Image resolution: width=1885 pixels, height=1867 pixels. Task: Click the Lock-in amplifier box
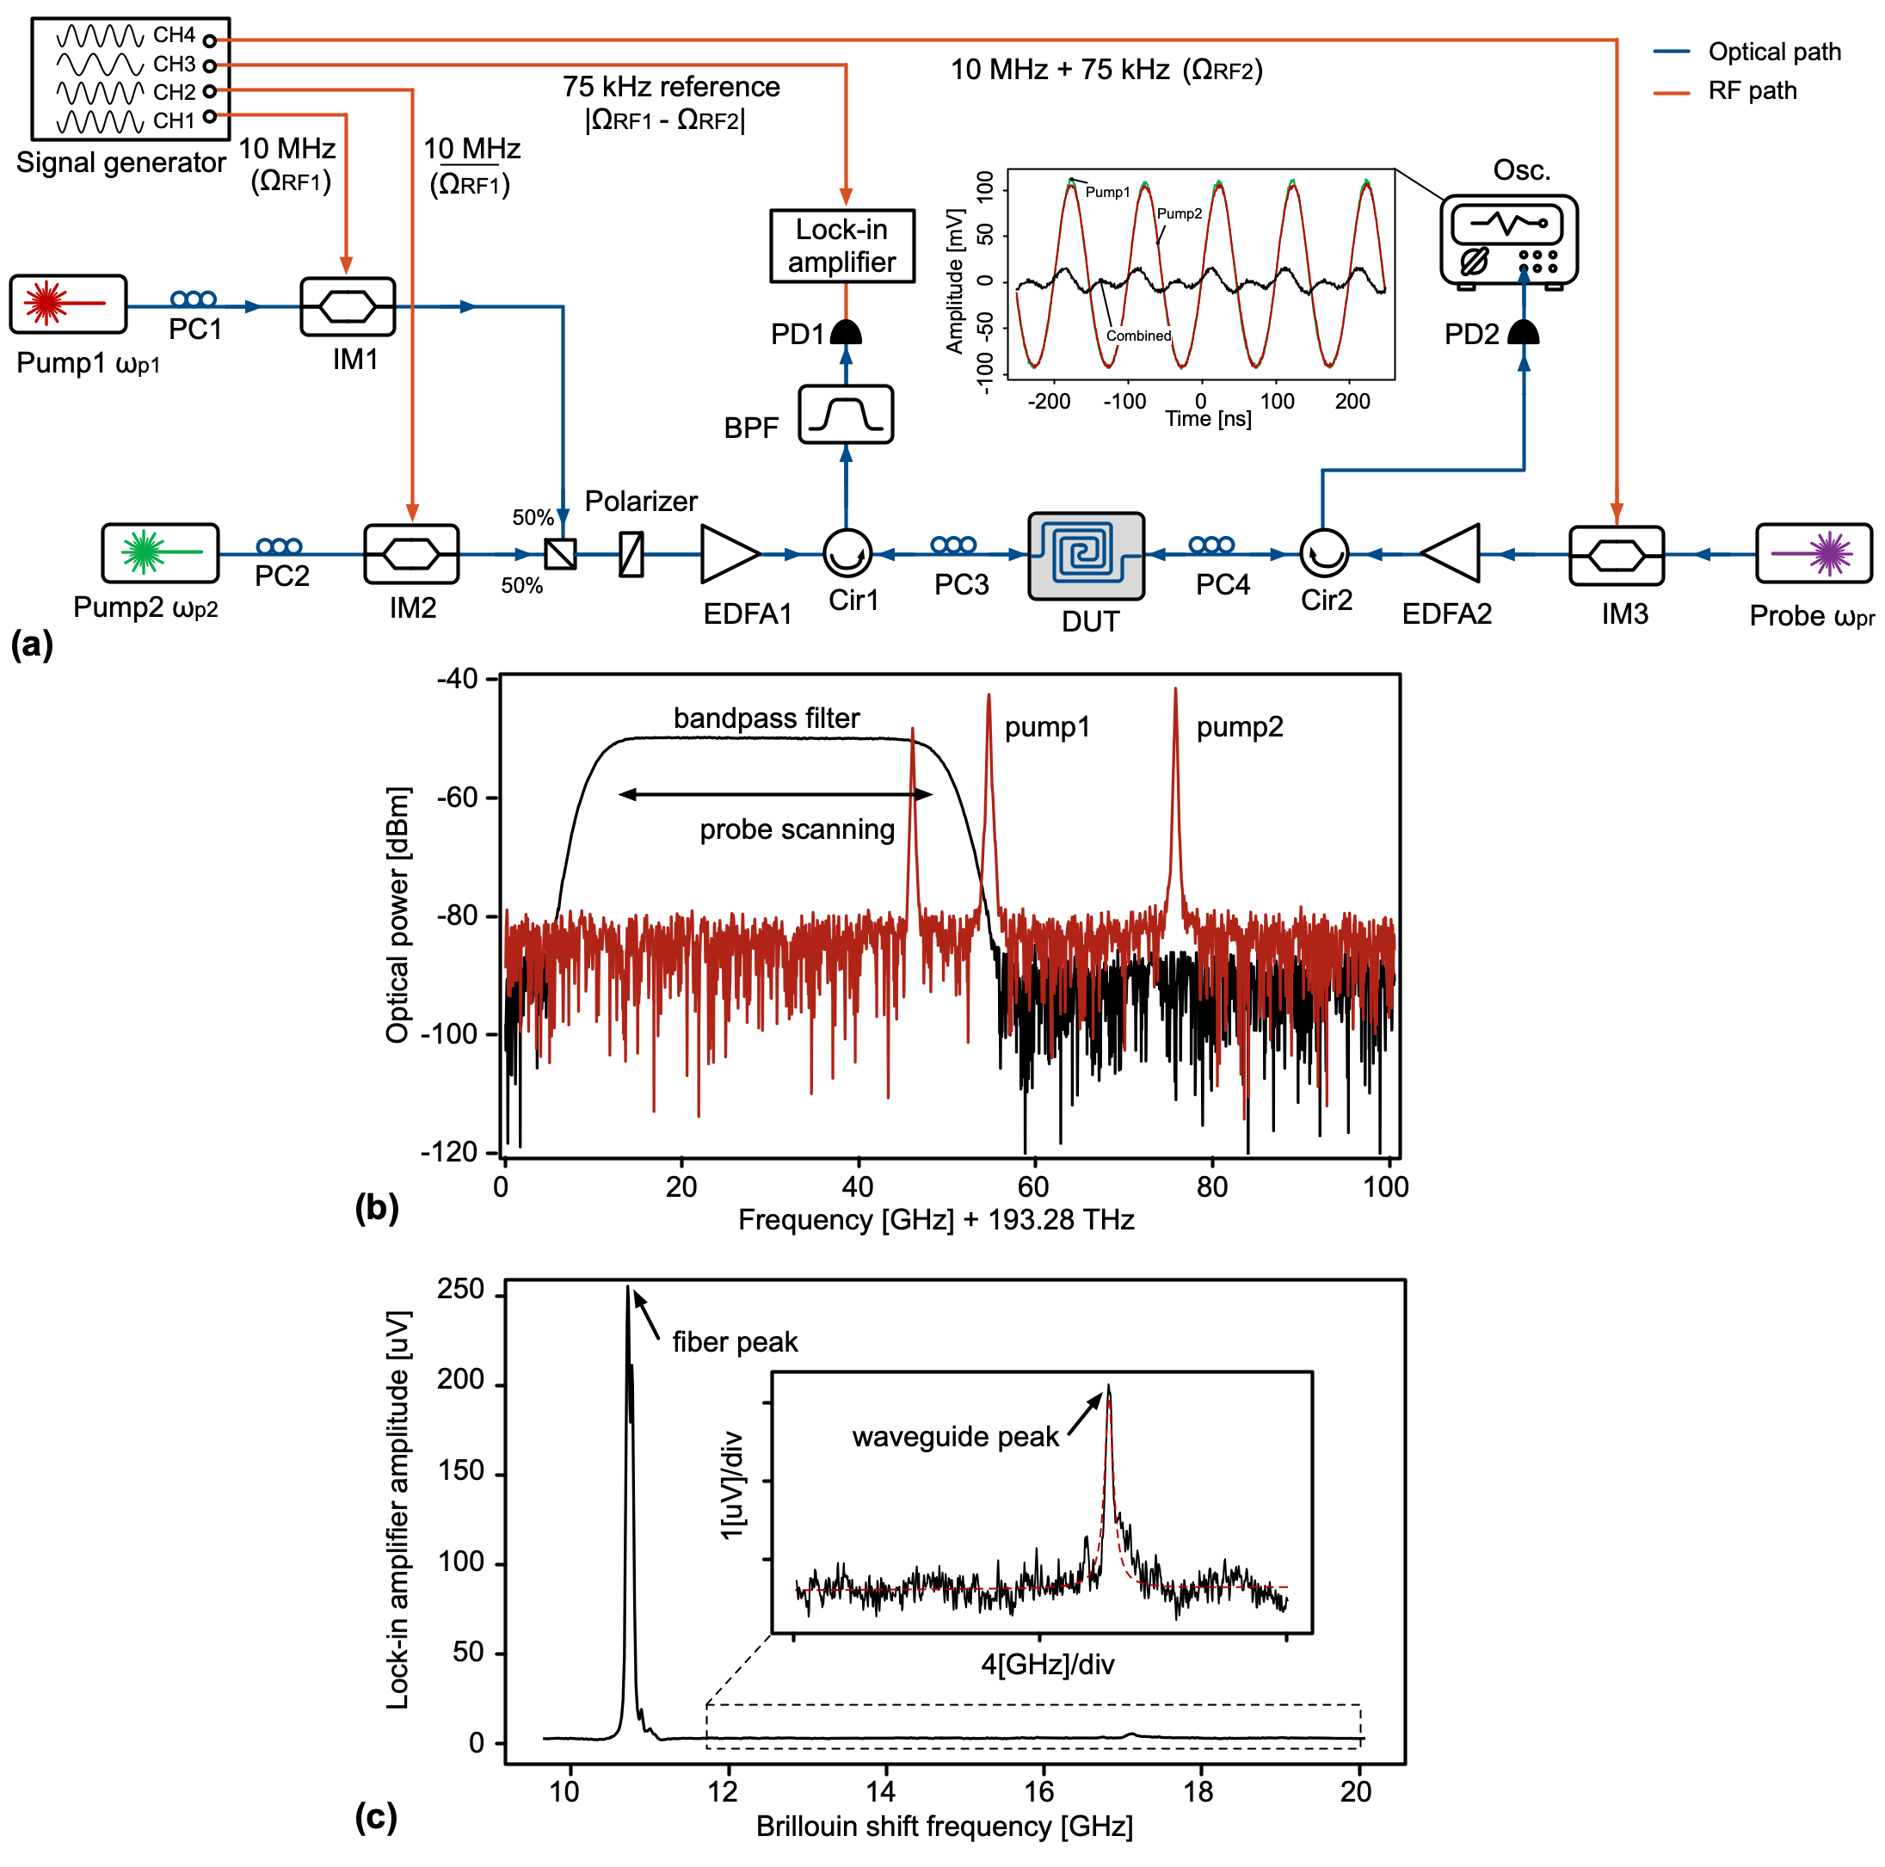(842, 246)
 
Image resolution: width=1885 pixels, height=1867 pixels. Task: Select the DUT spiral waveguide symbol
(1085, 554)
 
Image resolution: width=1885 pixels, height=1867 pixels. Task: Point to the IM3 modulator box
(1616, 555)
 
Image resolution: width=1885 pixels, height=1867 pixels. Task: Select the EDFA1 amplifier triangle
(727, 553)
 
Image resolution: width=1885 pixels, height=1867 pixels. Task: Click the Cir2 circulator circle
(1323, 553)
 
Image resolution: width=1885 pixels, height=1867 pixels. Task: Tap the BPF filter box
(845, 415)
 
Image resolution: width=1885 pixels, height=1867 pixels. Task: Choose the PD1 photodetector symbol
(845, 333)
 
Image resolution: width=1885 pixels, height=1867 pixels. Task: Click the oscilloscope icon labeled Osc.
(1507, 240)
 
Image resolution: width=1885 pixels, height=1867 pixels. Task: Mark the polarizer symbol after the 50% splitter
(631, 553)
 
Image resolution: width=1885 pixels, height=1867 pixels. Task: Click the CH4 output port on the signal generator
(209, 41)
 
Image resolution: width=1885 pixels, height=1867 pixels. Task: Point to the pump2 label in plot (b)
(1239, 727)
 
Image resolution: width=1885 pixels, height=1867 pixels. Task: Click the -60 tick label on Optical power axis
(456, 798)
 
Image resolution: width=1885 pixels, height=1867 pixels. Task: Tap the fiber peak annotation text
(734, 1342)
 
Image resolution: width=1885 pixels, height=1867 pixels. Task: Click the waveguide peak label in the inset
(954, 1437)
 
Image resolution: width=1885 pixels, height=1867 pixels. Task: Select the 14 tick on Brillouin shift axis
(879, 1792)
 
